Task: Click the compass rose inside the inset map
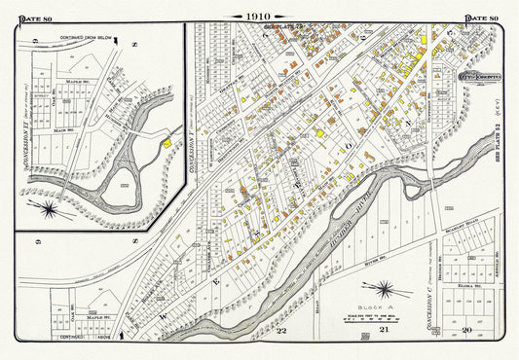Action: pos(49,206)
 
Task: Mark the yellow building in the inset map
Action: pos(167,142)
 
